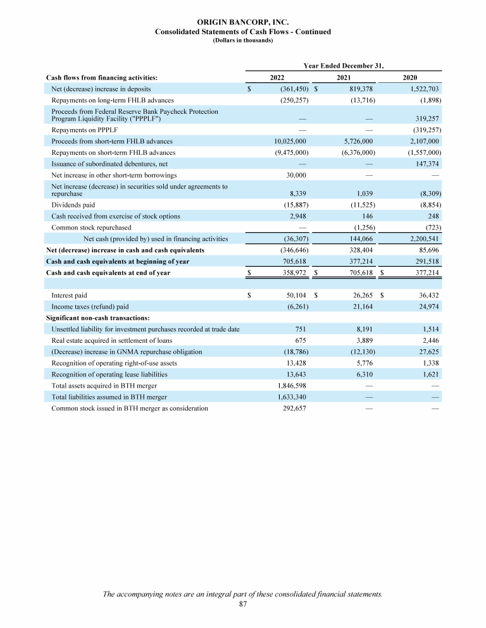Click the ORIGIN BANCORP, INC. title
(243, 23)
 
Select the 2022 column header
(277, 77)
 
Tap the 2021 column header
(344, 77)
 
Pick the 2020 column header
(410, 77)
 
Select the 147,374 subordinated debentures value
(426, 163)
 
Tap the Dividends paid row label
(73, 205)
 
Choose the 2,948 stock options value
(298, 216)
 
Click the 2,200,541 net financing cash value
(421, 238)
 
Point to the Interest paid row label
(69, 295)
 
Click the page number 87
(243, 604)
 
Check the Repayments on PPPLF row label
(79, 130)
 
